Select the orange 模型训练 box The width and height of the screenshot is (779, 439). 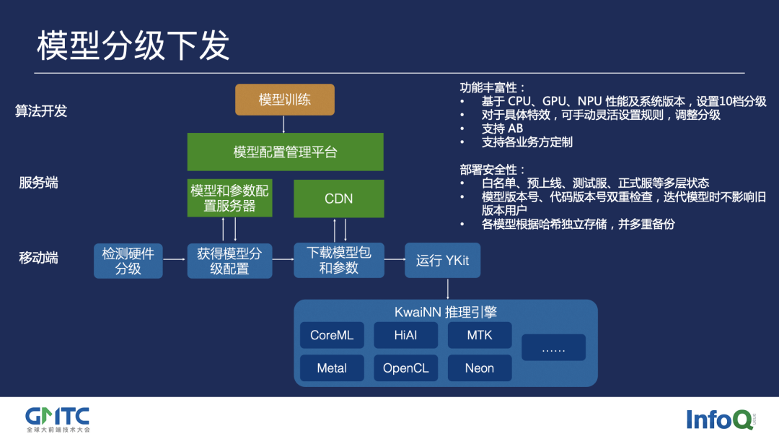285,100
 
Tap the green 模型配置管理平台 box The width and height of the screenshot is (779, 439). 285,152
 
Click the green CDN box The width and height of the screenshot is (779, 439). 338,199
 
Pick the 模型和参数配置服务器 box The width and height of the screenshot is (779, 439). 229,198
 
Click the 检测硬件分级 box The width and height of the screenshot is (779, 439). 128,261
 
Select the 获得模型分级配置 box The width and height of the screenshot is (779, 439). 229,261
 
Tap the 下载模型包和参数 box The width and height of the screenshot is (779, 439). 338,261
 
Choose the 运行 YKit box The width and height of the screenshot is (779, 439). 442,261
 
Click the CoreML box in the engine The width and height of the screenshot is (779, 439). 332,336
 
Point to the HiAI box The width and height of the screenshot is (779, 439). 405,336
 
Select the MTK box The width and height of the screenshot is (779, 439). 480,336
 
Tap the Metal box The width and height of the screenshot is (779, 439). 332,368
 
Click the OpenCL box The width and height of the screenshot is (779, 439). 405,368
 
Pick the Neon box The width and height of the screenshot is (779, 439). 480,368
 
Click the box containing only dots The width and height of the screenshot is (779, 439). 553,348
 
